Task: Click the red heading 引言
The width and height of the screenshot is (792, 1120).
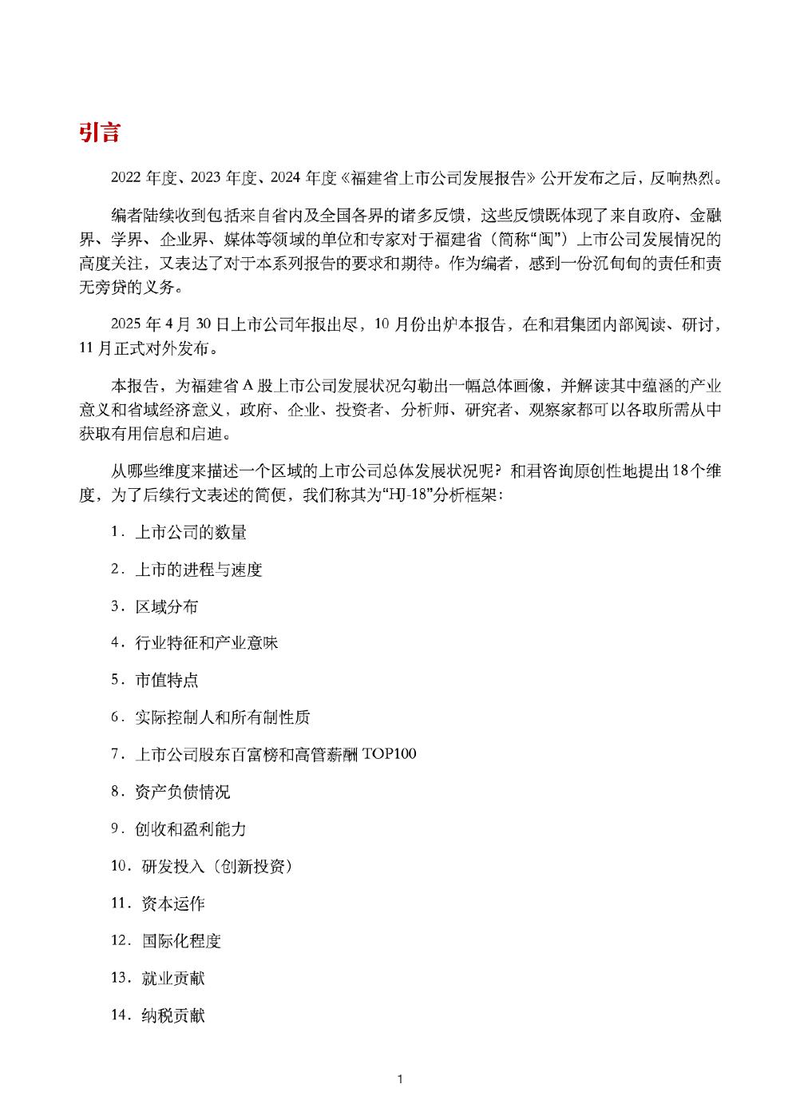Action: coord(99,133)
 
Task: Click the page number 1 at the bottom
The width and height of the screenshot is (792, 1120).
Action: coord(399,1079)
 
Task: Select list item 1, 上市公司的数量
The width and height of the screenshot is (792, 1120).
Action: coord(190,532)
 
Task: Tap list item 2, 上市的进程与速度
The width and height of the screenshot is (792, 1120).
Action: coord(198,570)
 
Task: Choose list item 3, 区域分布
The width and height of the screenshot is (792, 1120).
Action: coord(166,606)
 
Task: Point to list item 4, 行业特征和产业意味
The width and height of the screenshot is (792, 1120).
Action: coord(206,643)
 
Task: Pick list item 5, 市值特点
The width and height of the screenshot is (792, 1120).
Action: coord(166,681)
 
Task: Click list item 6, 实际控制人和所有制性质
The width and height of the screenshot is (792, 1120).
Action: coord(222,717)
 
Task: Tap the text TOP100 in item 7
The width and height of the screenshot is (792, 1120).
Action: coord(389,754)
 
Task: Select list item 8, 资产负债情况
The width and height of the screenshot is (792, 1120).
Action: coord(182,792)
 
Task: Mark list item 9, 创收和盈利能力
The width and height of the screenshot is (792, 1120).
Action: coord(190,829)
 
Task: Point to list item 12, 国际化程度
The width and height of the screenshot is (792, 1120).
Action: coord(181,940)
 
